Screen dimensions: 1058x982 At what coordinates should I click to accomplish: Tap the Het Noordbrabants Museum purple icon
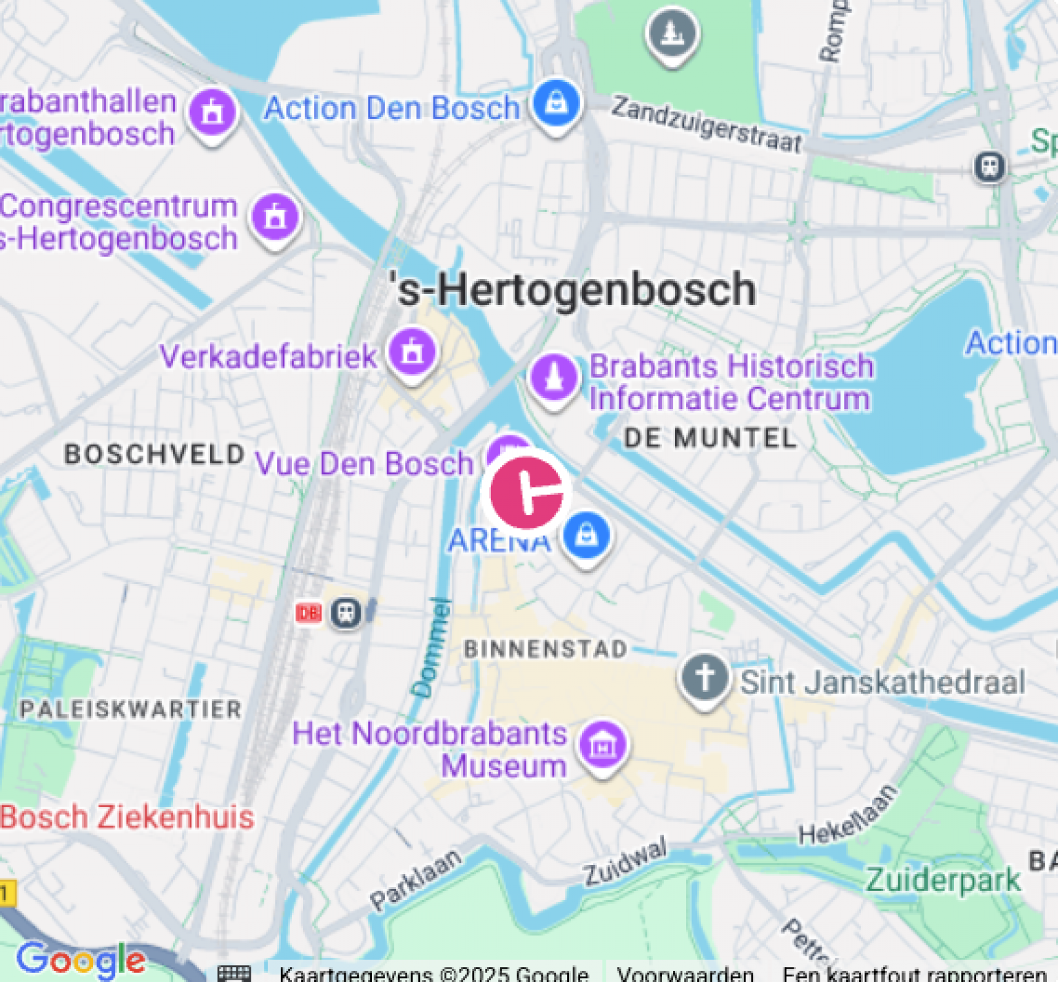coord(603,745)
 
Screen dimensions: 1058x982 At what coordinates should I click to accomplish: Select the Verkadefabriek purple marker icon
coord(412,352)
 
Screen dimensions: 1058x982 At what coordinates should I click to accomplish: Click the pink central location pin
coord(526,492)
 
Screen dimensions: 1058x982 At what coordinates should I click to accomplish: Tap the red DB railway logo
coord(308,613)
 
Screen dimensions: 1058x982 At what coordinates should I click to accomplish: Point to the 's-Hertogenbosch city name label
coord(573,289)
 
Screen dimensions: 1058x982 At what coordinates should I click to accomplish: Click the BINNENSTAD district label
coord(545,649)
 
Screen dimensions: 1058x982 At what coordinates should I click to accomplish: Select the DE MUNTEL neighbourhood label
coord(710,438)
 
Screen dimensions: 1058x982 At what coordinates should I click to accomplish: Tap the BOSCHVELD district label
coord(155,454)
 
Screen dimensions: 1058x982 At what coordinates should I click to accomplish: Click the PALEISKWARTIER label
coord(131,709)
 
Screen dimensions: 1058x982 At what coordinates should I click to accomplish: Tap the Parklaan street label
coord(415,879)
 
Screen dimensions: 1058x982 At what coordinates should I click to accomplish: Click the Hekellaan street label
coord(847,815)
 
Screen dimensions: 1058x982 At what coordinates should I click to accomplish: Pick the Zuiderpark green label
coord(943,881)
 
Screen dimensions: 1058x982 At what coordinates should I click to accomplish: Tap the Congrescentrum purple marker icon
coord(276,217)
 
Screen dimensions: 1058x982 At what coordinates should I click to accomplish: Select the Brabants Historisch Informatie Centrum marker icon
coord(554,377)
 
